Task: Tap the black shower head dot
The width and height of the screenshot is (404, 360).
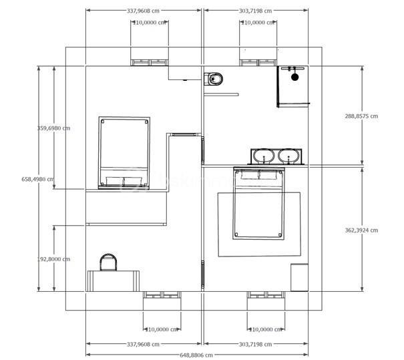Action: [294, 77]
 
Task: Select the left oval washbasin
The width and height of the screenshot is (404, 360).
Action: [264, 157]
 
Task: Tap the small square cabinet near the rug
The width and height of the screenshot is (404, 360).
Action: [299, 277]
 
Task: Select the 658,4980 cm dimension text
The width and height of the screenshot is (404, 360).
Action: [37, 179]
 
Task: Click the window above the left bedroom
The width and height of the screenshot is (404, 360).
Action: [150, 62]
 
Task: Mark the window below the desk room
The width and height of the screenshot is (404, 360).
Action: [162, 295]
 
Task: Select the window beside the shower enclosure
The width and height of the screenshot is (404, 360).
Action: [258, 62]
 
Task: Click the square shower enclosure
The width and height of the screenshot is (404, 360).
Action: [293, 86]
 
